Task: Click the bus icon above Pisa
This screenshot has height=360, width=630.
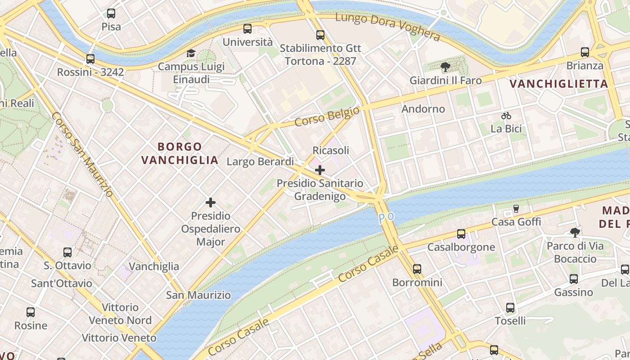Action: click(111, 13)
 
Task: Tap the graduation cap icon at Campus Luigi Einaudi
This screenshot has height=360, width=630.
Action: click(191, 54)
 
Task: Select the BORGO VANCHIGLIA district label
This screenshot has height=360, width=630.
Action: click(180, 153)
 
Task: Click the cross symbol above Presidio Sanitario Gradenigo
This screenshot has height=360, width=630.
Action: click(320, 170)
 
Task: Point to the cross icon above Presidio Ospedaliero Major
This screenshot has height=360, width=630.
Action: click(211, 202)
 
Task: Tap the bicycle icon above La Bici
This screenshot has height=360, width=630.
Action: click(506, 116)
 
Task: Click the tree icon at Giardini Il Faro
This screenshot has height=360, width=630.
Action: click(445, 67)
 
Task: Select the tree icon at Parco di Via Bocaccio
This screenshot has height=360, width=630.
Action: click(575, 233)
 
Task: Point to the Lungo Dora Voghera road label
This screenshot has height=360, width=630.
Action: click(387, 27)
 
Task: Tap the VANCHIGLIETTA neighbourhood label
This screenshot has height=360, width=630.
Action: click(559, 84)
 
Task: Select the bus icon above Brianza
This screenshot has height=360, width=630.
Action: click(585, 52)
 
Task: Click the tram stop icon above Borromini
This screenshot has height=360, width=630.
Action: click(417, 269)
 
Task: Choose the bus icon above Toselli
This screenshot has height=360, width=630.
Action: click(510, 308)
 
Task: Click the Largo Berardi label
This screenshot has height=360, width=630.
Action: click(260, 162)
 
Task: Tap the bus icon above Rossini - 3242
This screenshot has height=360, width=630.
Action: click(90, 59)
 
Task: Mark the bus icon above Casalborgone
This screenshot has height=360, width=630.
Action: click(461, 234)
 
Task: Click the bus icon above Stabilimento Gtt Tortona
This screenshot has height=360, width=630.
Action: click(320, 35)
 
